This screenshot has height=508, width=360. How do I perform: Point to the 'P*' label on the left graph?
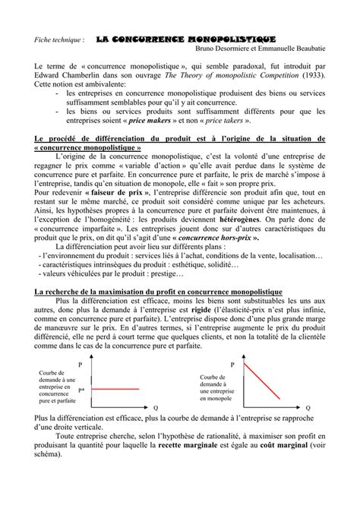click(81, 389)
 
